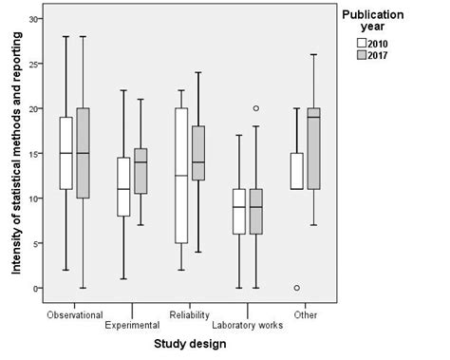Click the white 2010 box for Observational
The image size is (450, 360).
tap(66, 153)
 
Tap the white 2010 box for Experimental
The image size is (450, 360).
tap(122, 186)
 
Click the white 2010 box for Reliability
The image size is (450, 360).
tap(180, 176)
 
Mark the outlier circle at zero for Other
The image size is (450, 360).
tap(296, 288)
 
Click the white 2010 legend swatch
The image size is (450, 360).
tap(362, 44)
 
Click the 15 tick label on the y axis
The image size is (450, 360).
tap(33, 153)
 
